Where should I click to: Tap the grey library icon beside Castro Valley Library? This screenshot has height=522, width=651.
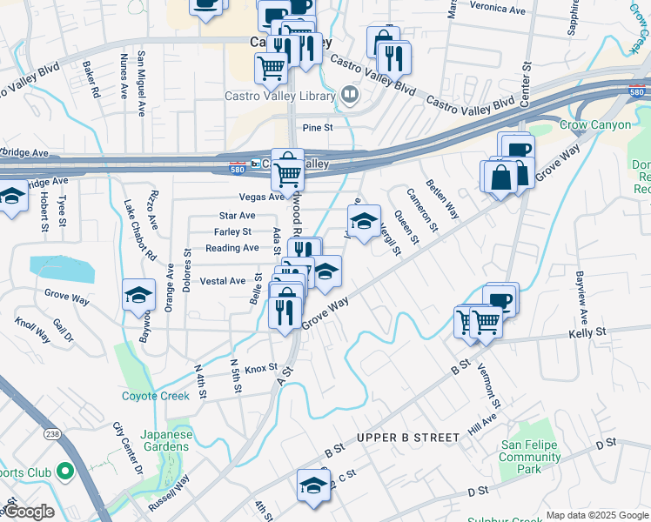tap(349, 94)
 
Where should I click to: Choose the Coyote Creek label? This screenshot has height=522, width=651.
tap(155, 396)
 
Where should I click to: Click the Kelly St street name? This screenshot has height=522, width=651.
tap(587, 333)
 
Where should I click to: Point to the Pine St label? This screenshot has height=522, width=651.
tap(318, 128)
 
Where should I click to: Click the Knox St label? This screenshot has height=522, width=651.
tap(260, 368)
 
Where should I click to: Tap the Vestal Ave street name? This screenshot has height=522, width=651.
tap(223, 281)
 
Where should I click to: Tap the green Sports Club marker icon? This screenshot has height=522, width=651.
tap(64, 472)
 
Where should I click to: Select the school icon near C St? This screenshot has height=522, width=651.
tap(313, 483)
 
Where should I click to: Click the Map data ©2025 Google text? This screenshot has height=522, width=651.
tap(596, 515)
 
